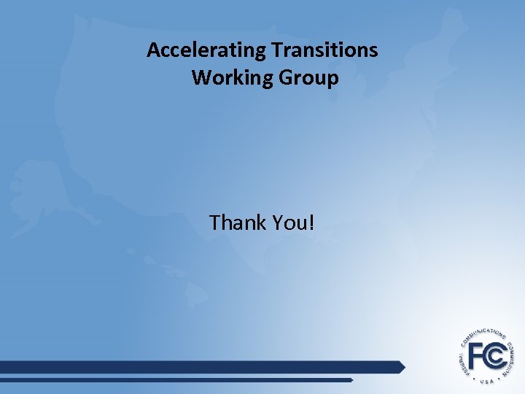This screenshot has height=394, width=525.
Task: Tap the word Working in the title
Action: [x=232, y=77]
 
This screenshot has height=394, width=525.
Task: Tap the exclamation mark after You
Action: [x=312, y=222]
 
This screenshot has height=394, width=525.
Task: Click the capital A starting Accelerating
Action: [x=153, y=50]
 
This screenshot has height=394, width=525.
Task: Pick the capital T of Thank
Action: [x=214, y=222]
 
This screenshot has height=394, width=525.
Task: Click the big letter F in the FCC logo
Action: [x=478, y=355]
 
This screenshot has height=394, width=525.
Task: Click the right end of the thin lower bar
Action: [x=351, y=380]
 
